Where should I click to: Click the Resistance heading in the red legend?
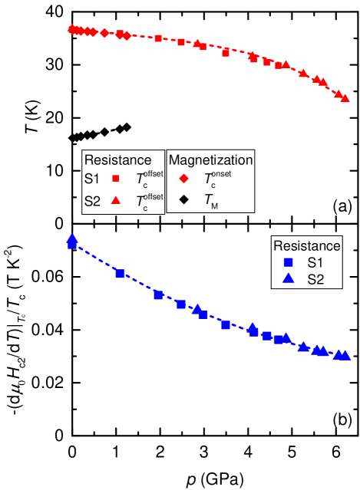[117, 160]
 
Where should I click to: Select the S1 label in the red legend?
[91, 179]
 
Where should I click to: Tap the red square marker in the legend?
[116, 179]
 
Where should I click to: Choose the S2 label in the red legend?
[91, 201]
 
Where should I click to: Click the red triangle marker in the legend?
[116, 200]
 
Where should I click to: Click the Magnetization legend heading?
[210, 160]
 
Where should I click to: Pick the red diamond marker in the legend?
[183, 179]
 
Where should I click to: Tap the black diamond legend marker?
[183, 200]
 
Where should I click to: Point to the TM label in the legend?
[212, 201]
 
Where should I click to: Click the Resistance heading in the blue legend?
[306, 246]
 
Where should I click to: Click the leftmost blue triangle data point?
[71, 238]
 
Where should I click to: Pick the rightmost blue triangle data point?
[345, 355]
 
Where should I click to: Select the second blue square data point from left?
[120, 274]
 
